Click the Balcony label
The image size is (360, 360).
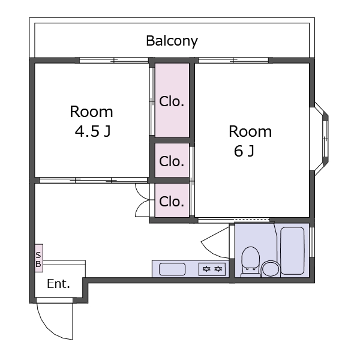click(172, 41)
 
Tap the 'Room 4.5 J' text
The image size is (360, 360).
click(91, 121)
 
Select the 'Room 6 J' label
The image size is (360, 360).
click(250, 141)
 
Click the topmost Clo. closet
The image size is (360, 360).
click(172, 100)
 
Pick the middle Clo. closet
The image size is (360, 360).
click(172, 160)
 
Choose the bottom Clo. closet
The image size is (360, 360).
click(172, 200)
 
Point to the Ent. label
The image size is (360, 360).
click(58, 284)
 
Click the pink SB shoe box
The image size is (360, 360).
click(38, 258)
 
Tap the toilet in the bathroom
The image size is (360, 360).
click(250, 262)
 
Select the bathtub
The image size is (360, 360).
click(292, 251)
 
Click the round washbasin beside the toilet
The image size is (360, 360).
click(271, 268)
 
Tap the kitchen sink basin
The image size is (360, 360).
click(172, 269)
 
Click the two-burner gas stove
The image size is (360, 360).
click(212, 269)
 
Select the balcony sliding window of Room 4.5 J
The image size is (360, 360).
click(114, 61)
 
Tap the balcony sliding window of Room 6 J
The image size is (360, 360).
click(233, 61)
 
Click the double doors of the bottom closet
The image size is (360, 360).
click(142, 200)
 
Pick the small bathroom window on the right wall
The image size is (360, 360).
click(312, 242)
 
